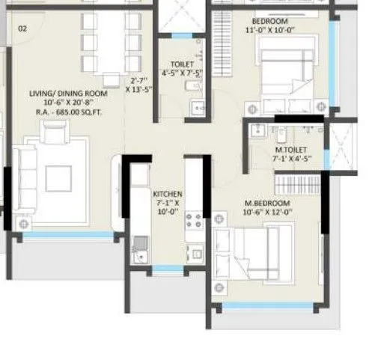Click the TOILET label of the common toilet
point(181,65)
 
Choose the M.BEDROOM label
point(266,203)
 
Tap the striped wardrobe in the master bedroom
point(293,182)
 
